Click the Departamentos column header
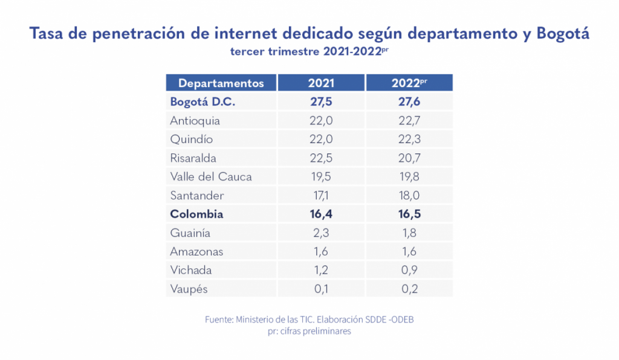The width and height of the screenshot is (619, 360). coord(221,83)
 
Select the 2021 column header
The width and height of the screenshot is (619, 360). coord(321,83)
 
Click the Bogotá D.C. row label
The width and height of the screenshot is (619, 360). coord(203,102)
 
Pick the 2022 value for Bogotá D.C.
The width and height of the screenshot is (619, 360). coord(409,102)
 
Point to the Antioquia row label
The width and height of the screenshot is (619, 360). coord(195,121)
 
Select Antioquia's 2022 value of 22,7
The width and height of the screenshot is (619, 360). coord(409,121)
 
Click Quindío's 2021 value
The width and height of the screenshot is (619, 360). coord(321,140)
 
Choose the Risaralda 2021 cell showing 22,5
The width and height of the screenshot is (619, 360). coord(321,158)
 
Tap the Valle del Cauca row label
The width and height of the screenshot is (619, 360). coord(211,177)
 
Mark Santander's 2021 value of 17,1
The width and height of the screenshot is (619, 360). coord(321,196)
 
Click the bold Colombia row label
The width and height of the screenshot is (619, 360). coord(196,214)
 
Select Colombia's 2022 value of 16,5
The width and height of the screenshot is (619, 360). coord(409,214)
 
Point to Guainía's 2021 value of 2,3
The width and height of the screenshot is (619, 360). coord(321,233)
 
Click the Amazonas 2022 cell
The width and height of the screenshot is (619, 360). coord(409,252)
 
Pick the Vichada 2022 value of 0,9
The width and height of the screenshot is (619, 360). coord(409,271)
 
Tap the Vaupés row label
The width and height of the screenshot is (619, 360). coord(189,289)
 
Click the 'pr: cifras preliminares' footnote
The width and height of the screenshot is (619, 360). coord(309,332)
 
